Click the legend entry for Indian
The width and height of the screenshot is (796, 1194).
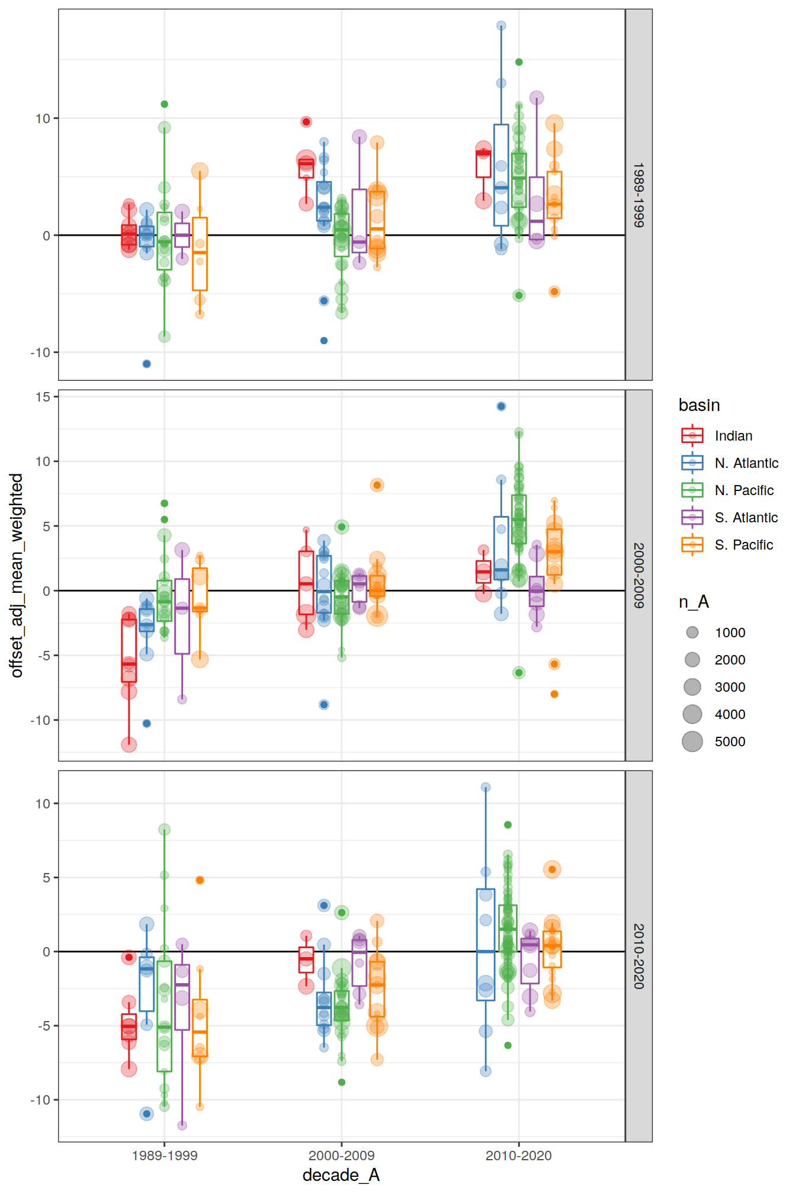(x=733, y=436)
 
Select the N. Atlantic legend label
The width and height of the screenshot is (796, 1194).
(x=746, y=463)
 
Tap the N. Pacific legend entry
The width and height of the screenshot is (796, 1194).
(x=744, y=490)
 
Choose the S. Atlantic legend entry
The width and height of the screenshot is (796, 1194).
(x=746, y=518)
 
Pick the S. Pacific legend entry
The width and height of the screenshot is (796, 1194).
(x=743, y=545)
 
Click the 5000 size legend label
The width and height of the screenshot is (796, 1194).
(x=730, y=742)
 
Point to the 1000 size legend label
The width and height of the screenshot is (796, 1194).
(x=730, y=633)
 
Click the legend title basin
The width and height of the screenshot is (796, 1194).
(x=699, y=405)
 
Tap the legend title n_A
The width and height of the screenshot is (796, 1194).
(x=694, y=602)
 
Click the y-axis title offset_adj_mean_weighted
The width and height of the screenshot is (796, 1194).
(x=17, y=575)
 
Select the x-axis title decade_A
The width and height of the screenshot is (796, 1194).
(x=341, y=1175)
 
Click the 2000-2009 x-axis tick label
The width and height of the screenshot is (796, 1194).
(x=341, y=1156)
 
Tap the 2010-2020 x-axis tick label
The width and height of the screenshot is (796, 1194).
(x=518, y=1156)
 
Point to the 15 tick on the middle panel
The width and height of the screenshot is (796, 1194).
(x=43, y=397)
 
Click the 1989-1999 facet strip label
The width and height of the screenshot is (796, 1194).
(x=638, y=195)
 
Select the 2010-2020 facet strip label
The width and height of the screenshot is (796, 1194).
(x=638, y=956)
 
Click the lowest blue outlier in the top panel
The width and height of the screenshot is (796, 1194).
(x=147, y=364)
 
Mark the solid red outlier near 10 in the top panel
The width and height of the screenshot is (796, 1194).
(x=306, y=122)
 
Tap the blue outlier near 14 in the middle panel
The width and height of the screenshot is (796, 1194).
(x=501, y=406)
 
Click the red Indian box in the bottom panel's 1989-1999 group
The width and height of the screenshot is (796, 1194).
(x=129, y=1027)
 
